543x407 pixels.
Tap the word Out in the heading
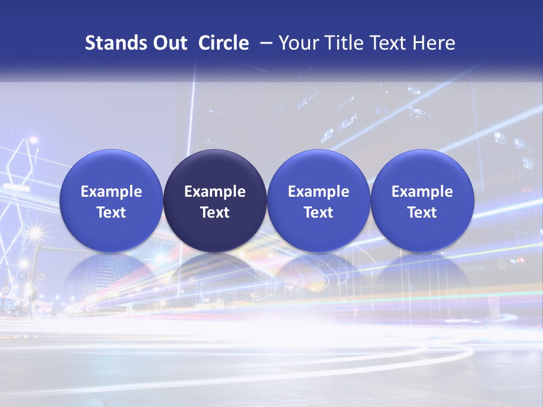pos(170,43)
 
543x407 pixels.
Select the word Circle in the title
pos(223,43)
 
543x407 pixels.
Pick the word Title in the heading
pos(345,43)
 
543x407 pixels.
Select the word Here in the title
pos(434,43)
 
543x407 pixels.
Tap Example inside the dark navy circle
pos(215,192)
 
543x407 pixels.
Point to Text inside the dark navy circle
pos(215,213)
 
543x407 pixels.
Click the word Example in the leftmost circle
pos(111,192)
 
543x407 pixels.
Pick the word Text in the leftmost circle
pos(111,213)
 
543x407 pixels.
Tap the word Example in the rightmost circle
pos(423,192)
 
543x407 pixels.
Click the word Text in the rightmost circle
pos(423,213)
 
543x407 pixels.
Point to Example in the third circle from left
pos(318,192)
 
